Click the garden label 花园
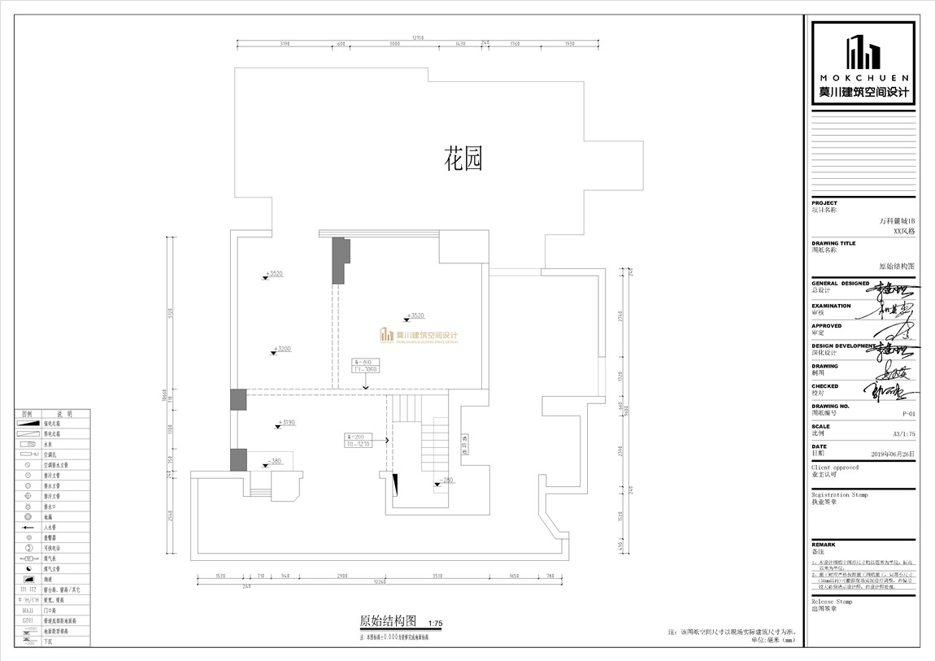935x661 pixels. tap(463, 159)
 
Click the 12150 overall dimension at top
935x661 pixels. tap(418, 37)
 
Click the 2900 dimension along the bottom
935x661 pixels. tap(341, 575)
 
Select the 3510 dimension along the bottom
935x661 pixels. tap(437, 575)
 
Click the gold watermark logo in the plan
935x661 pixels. tap(419, 336)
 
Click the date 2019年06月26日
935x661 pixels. tap(893, 454)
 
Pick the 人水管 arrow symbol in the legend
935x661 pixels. tap(27, 527)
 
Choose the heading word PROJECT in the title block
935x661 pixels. tap(824, 202)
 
